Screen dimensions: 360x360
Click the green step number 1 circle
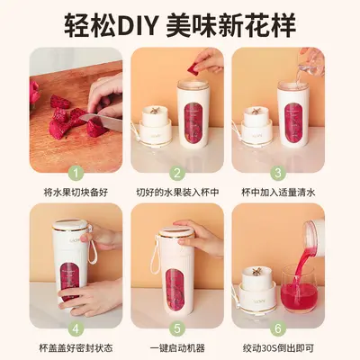click(x=76, y=173)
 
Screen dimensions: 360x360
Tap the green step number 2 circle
click(x=177, y=173)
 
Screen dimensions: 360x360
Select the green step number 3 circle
click(x=278, y=173)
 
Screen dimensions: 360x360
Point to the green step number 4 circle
click(x=76, y=328)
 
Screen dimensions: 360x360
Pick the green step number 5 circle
click(x=177, y=328)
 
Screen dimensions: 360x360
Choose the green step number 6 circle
click(x=278, y=328)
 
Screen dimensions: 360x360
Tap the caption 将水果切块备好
click(x=76, y=193)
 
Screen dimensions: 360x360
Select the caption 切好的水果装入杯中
click(x=177, y=193)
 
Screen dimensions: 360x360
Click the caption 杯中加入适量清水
click(x=278, y=193)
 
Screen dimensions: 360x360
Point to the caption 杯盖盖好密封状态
click(x=76, y=348)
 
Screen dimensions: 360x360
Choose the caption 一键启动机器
click(x=177, y=348)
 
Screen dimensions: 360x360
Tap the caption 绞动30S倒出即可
click(x=278, y=348)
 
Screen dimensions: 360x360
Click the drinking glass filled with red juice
click(x=299, y=289)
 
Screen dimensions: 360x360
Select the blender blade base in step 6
click(x=257, y=286)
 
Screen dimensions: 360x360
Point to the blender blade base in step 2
click(x=156, y=127)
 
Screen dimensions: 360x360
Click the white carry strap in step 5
click(x=155, y=255)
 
